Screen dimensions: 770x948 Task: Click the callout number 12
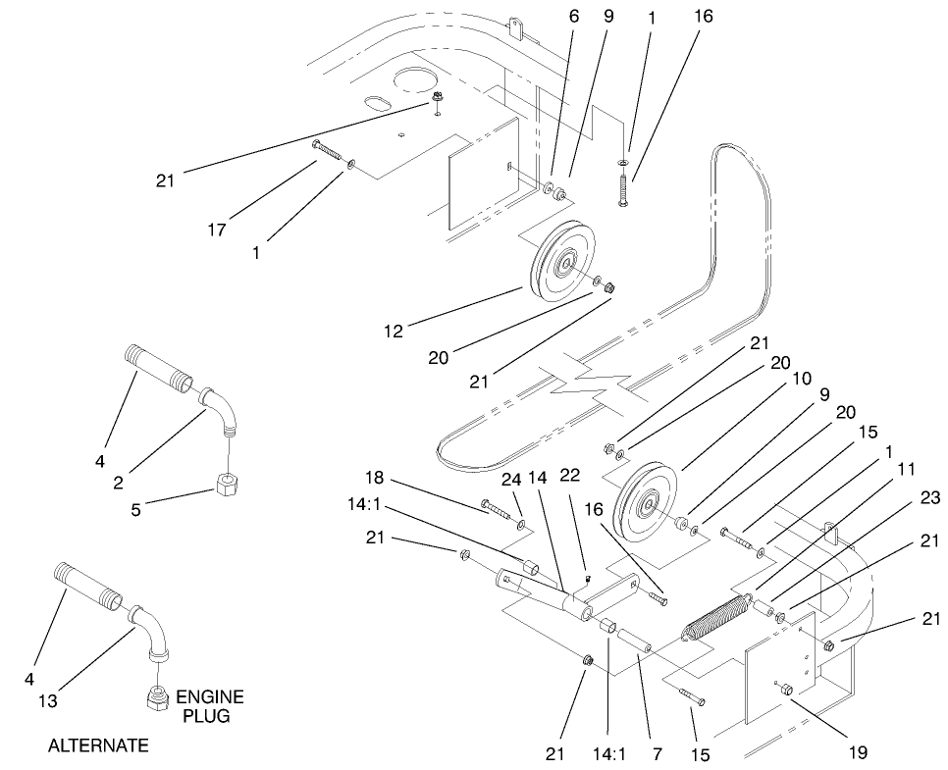(x=394, y=332)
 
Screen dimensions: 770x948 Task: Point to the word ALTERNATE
(x=98, y=745)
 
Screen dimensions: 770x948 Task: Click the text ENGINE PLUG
(x=210, y=706)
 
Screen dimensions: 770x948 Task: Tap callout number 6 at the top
(x=574, y=17)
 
